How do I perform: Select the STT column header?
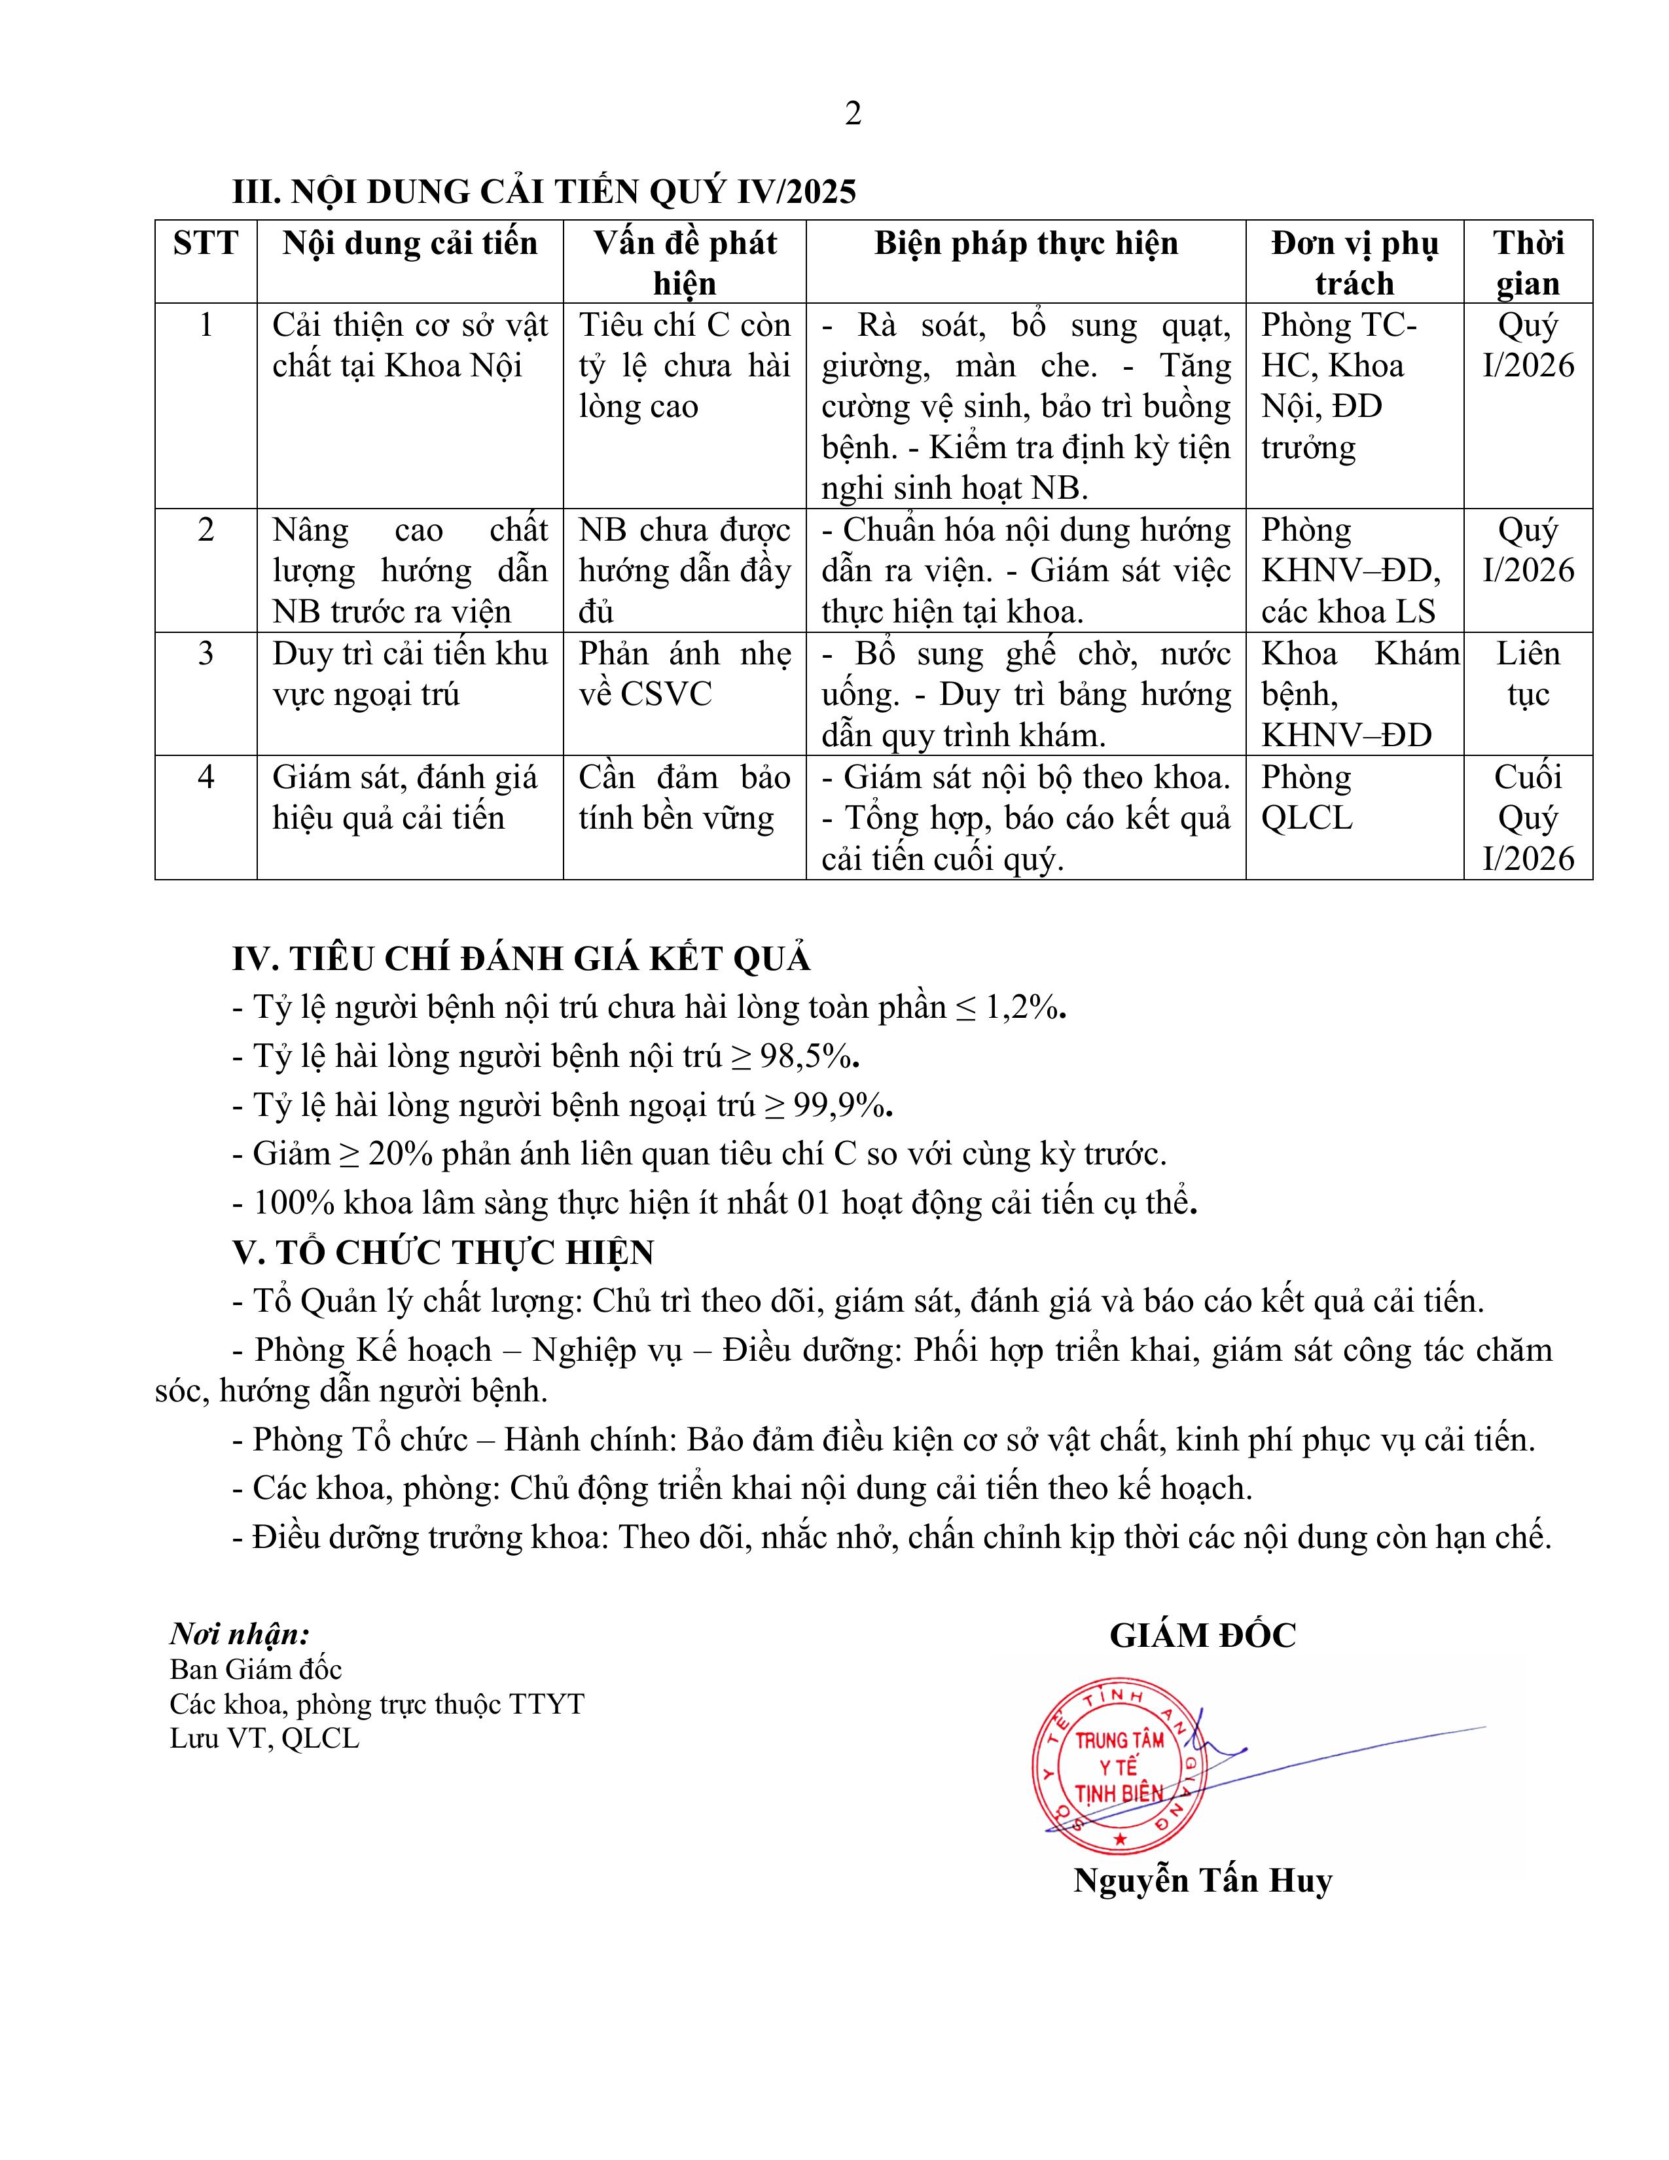coord(206,243)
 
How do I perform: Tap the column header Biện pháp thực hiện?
coord(1026,243)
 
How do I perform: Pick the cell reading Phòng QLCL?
coord(1307,798)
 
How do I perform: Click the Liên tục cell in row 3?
coord(1528,674)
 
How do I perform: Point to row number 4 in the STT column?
coord(206,778)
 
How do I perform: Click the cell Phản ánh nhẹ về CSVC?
coord(684,674)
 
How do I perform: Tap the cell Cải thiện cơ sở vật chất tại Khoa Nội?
coord(409,345)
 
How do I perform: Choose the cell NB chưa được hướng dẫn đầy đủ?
coord(684,571)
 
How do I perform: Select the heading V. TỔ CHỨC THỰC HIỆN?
coord(443,1253)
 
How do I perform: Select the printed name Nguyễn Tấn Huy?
coord(1202,1879)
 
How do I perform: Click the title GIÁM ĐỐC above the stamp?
coord(1202,1635)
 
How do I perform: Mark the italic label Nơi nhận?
coord(240,1633)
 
